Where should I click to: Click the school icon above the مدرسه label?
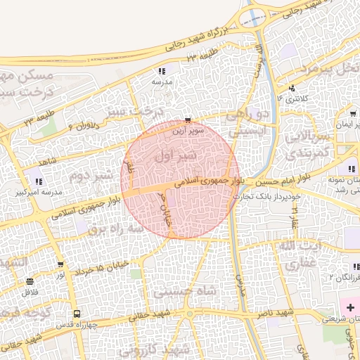coord(162,71)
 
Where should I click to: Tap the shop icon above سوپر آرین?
coord(186,120)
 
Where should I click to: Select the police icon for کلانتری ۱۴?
coord(292,89)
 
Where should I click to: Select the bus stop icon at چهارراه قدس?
coord(76,314)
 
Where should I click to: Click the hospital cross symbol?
coord(349,308)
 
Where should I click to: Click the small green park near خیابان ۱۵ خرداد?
coord(135,273)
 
